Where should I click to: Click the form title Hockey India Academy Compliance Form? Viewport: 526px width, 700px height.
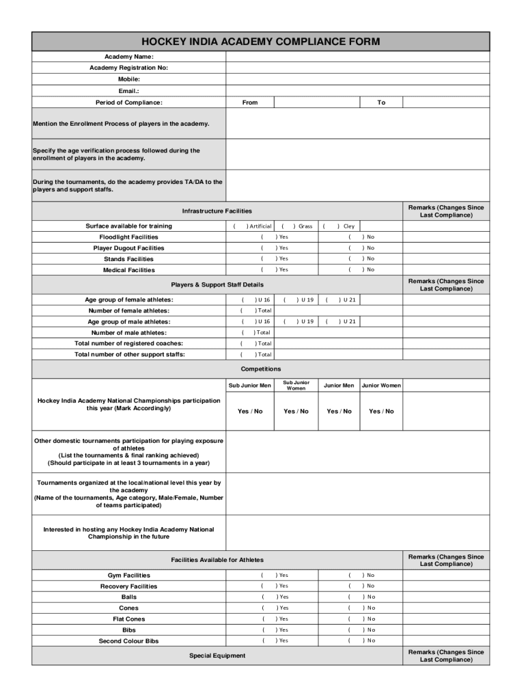(260, 42)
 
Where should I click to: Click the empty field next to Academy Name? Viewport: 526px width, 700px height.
(357, 57)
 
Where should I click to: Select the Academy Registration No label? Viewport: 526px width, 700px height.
(128, 68)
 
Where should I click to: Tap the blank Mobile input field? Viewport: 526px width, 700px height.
(357, 79)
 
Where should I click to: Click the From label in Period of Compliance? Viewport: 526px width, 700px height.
(250, 103)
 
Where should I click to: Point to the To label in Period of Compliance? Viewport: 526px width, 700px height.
(381, 103)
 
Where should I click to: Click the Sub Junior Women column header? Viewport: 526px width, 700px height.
(296, 386)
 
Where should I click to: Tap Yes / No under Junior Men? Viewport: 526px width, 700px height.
(339, 412)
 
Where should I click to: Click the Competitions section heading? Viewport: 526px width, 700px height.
(260, 369)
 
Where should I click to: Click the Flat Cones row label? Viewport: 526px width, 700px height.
(128, 619)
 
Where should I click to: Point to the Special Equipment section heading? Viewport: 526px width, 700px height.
(217, 656)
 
